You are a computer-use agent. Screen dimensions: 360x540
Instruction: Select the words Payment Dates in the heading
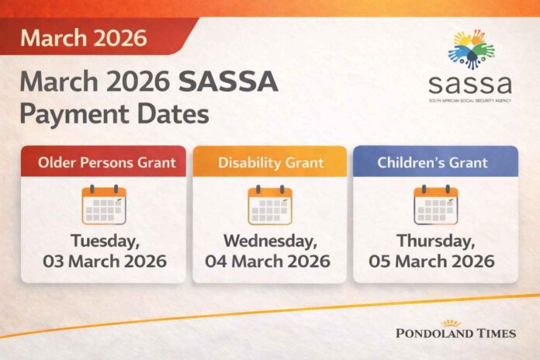114,114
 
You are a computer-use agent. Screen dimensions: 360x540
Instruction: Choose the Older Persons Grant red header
103,162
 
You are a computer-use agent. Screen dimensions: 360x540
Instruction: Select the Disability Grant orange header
269,162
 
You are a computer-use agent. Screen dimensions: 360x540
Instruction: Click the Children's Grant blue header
435,162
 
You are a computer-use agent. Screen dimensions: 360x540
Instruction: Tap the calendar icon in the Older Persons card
104,205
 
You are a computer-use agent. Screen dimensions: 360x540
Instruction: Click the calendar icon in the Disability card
269,205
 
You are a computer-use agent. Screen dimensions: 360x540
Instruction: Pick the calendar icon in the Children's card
435,205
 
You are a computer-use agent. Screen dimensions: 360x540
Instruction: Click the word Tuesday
103,240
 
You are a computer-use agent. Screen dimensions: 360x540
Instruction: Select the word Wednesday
269,240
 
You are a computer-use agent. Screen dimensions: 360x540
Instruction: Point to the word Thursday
435,240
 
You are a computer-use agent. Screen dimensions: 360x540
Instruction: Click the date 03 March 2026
103,261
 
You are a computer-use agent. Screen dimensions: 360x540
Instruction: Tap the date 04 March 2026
269,261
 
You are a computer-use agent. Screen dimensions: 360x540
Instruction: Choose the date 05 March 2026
435,261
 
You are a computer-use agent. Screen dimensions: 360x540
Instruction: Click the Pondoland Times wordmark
455,333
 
